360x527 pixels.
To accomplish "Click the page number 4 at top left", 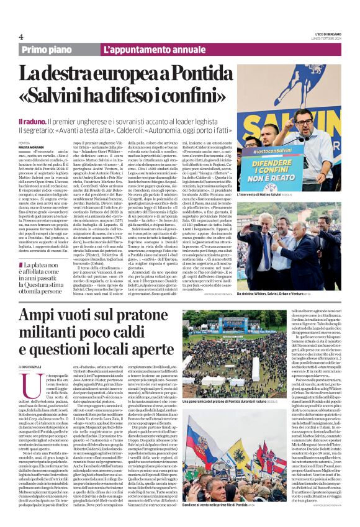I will coord(20,37).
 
